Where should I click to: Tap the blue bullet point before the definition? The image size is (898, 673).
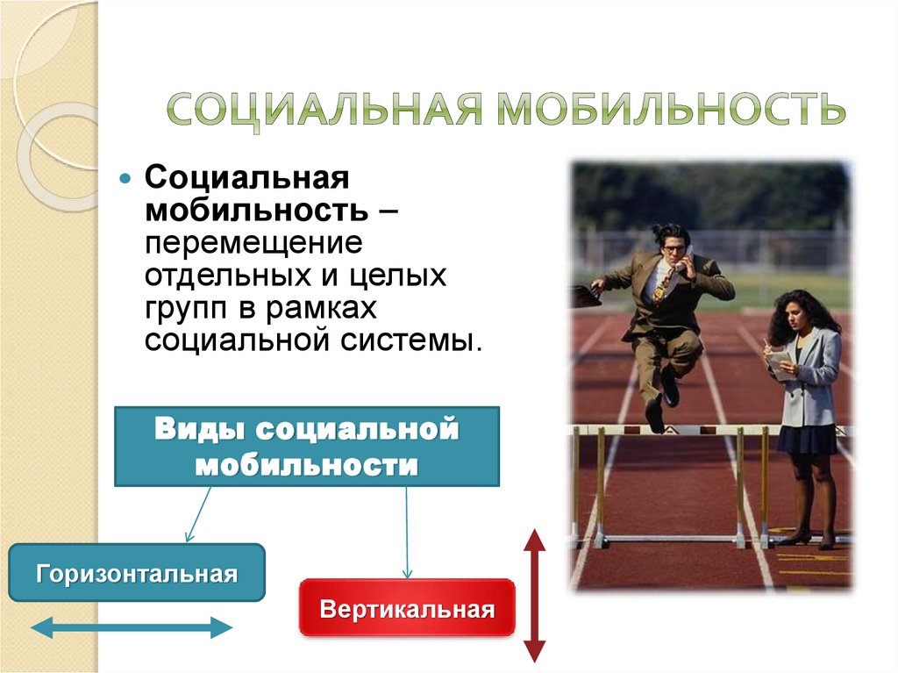pos(126,177)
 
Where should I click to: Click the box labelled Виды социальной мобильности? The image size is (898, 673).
pos(307,446)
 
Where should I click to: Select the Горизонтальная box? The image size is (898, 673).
pos(136,573)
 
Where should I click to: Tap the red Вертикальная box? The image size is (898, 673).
pos(407,608)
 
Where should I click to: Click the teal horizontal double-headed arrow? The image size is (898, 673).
pos(132,627)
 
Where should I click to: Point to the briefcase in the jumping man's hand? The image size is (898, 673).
pos(586,296)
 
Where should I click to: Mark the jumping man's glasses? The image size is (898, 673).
pos(673,249)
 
